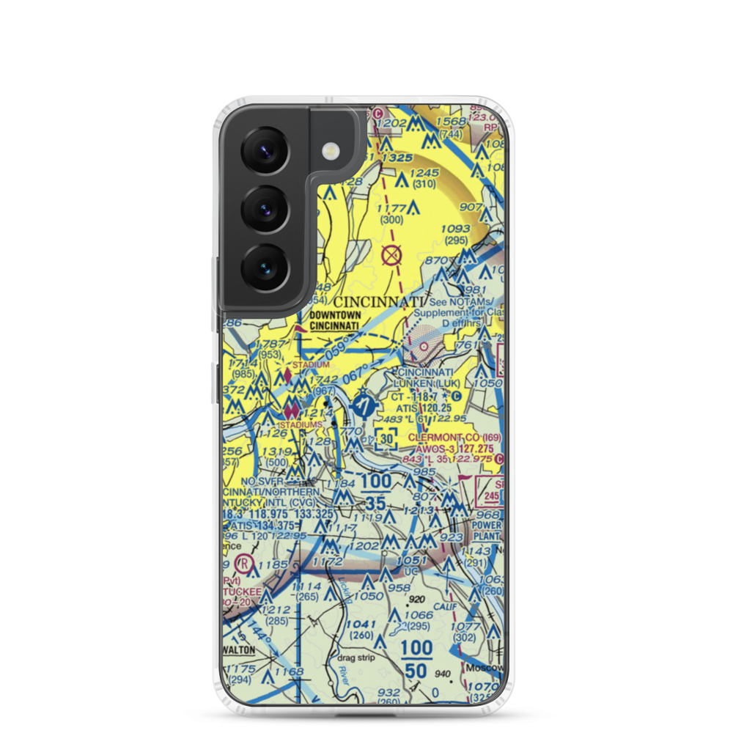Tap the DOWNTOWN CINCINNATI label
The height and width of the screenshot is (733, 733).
(334, 321)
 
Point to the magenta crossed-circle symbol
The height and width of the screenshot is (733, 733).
(392, 256)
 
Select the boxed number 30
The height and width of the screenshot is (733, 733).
(386, 439)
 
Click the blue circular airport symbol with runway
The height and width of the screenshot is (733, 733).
(363, 404)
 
